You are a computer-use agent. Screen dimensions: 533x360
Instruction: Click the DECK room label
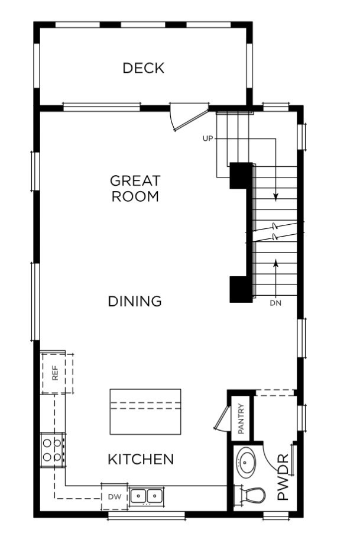coord(143,68)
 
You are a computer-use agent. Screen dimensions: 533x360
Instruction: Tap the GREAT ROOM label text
coord(135,189)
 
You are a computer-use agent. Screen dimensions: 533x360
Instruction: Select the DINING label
coord(135,301)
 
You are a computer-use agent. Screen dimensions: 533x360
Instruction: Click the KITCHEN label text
coord(141,459)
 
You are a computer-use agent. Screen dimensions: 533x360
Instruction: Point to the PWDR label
coord(283,477)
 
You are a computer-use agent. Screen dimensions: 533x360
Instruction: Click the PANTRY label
coord(241,419)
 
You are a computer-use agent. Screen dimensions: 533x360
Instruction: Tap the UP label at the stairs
coord(207,138)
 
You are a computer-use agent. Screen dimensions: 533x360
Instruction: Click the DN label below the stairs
coord(275,303)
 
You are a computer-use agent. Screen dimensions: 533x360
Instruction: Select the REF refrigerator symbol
coord(56,373)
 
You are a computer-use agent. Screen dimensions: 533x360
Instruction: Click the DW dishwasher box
coord(114,496)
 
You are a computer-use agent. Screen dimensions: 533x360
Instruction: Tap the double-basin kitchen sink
coord(146,495)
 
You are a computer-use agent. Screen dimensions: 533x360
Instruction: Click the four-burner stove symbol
coord(51,449)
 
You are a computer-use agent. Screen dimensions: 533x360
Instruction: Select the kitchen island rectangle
coord(145,412)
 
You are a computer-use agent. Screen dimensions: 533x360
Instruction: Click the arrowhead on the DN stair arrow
coord(276,262)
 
